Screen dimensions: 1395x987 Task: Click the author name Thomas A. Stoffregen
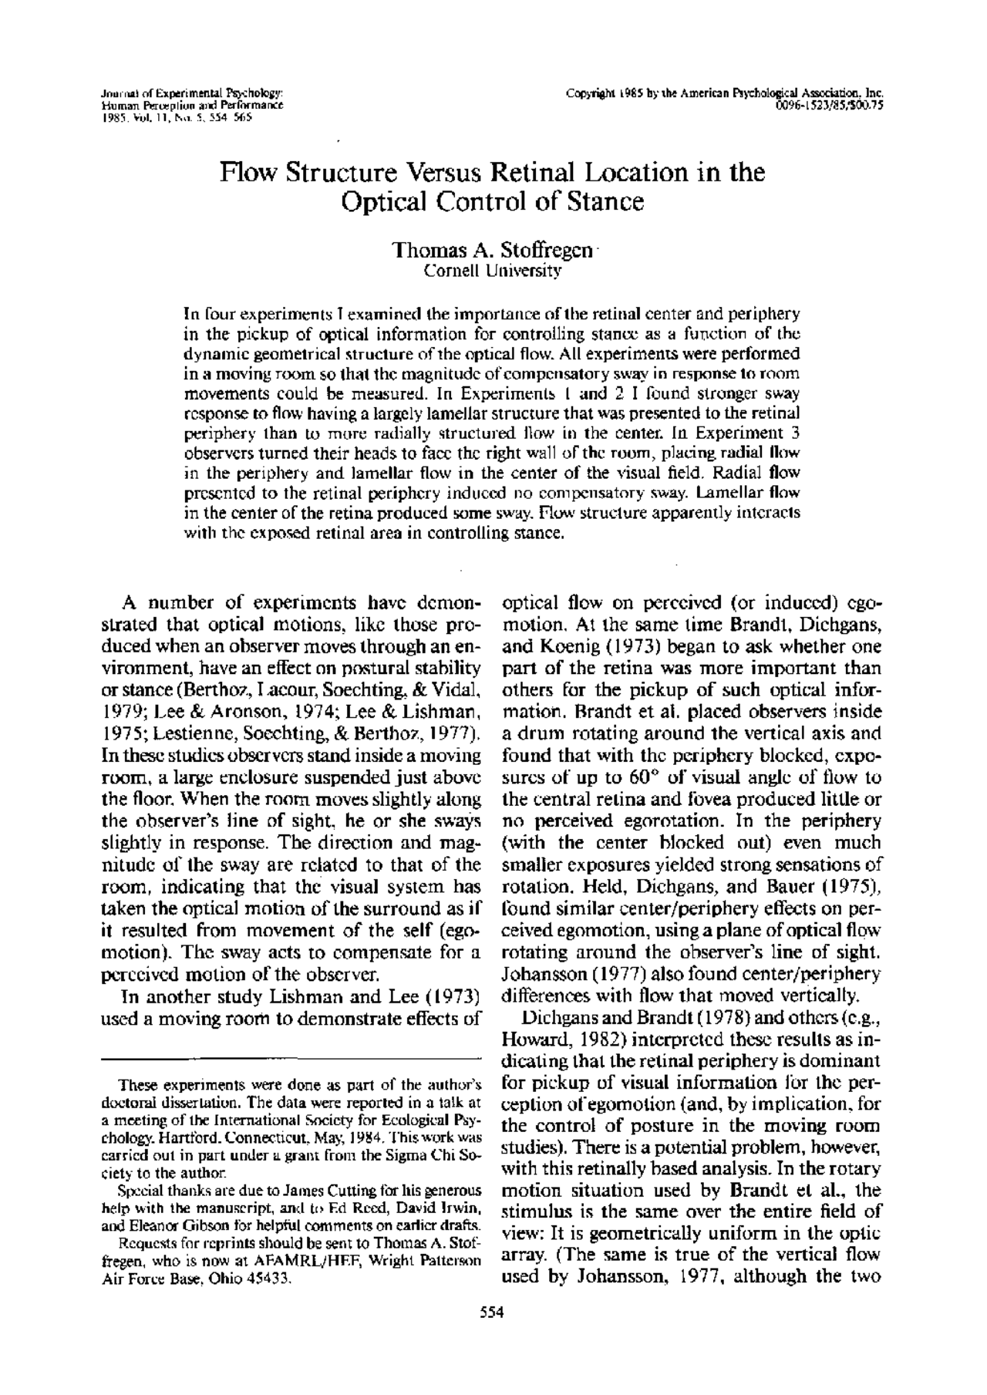click(x=493, y=251)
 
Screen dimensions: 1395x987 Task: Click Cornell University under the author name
click(x=493, y=271)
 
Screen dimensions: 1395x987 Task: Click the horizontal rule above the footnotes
click(x=289, y=1058)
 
